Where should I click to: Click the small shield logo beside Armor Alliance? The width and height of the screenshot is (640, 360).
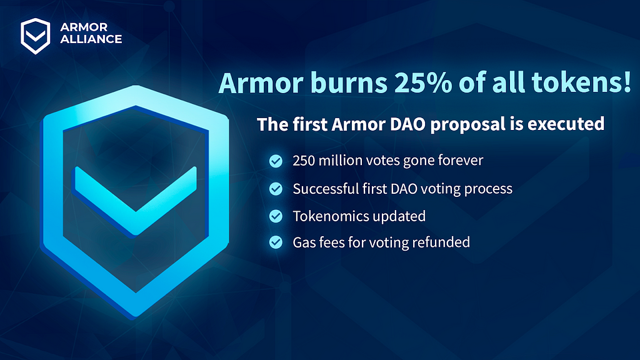tap(36, 36)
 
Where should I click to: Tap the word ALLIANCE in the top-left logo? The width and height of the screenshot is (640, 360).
tap(91, 39)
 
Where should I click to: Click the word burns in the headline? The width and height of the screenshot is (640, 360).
tap(349, 83)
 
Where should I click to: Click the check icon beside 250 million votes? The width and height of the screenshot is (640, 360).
tap(276, 161)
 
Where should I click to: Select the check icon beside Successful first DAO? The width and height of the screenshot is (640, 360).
tap(276, 189)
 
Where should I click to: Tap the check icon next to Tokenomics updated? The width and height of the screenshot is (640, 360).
tap(276, 216)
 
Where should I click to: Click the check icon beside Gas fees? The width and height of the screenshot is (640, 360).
tap(276, 242)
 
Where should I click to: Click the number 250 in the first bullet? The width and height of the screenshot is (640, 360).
tap(304, 161)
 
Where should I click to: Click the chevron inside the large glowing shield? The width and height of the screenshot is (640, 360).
tap(135, 200)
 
